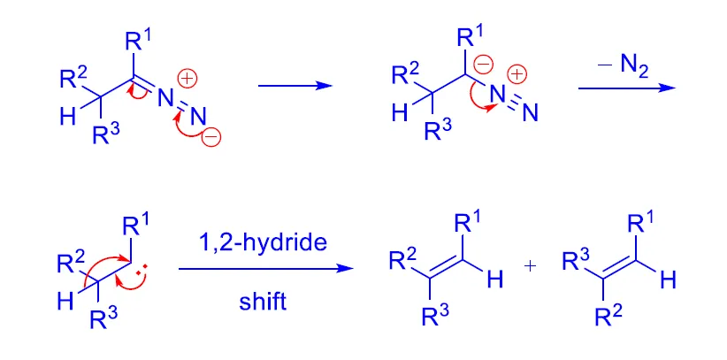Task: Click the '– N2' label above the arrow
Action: point(626,63)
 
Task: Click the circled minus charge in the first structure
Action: point(212,137)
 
